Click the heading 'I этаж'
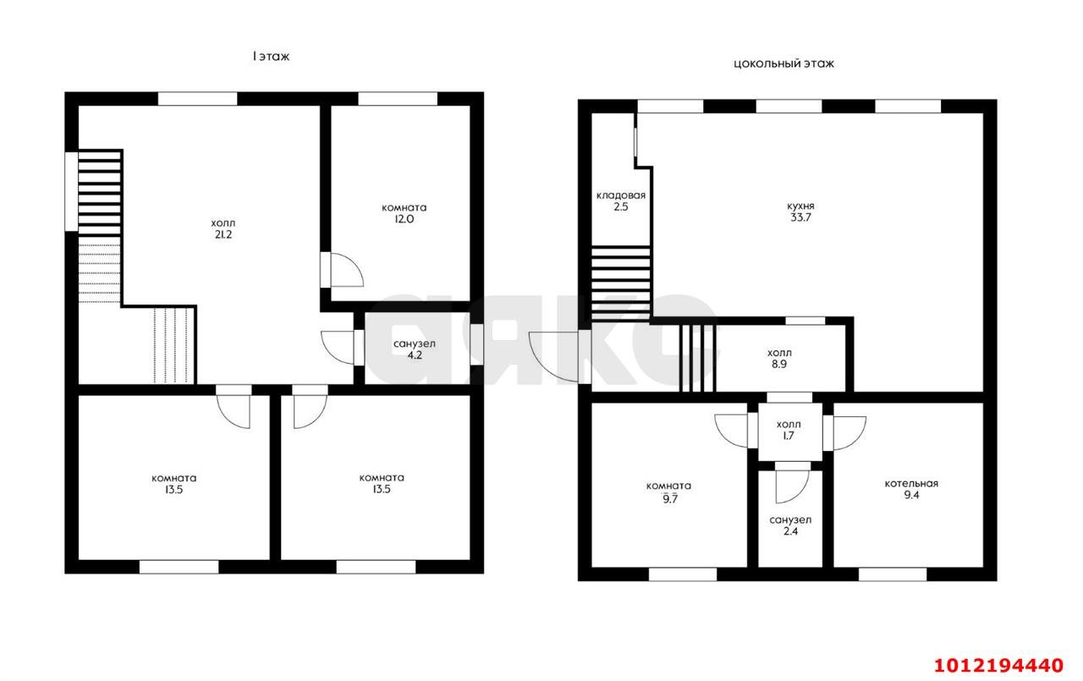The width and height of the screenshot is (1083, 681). click(x=271, y=57)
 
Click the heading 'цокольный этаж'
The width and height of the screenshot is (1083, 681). click(x=783, y=63)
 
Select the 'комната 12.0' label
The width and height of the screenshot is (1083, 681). click(x=404, y=213)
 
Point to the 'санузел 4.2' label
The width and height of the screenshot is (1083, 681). click(x=415, y=350)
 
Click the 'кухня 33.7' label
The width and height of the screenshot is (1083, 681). click(x=800, y=211)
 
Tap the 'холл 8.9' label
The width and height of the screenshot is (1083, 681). click(x=780, y=359)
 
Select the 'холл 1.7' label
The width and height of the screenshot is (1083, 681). click(x=789, y=430)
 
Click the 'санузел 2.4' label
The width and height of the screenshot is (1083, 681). click(x=790, y=526)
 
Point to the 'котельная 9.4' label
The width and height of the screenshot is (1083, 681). click(x=911, y=490)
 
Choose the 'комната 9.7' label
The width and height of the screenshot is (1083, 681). click(x=668, y=492)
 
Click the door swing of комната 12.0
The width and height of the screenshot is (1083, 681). click(x=347, y=271)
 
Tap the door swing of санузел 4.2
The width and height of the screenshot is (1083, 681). click(x=338, y=347)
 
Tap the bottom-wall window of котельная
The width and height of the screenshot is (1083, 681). click(x=893, y=574)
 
